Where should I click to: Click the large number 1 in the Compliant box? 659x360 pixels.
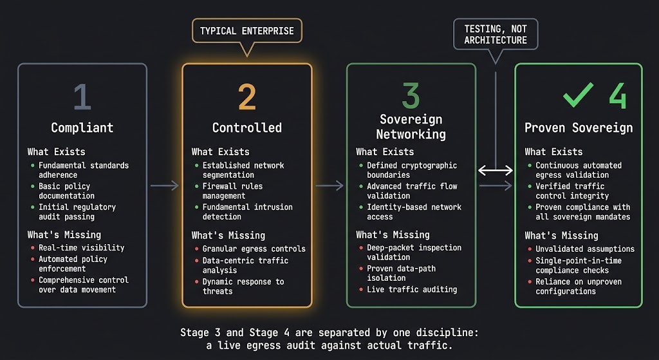click(82, 97)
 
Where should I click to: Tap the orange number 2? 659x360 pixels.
click(246, 97)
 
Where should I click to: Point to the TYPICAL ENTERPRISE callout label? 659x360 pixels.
click(246, 31)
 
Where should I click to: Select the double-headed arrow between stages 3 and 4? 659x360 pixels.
click(495, 171)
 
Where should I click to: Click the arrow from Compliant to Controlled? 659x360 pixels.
click(164, 186)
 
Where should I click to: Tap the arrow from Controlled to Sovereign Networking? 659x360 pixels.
click(329, 186)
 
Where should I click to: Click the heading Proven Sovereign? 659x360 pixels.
click(579, 128)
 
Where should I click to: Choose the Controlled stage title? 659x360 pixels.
click(246, 128)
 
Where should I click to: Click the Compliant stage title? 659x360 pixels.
click(82, 128)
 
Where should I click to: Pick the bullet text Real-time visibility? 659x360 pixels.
click(81, 247)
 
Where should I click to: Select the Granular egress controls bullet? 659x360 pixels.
click(254, 249)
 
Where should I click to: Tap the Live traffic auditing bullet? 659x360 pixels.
click(412, 289)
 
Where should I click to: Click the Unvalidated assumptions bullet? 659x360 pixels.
click(585, 249)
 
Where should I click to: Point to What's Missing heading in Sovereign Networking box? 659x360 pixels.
click(393, 234)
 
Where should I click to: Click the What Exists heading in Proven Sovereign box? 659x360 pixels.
click(553, 152)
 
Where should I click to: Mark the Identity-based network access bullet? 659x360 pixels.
click(414, 212)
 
